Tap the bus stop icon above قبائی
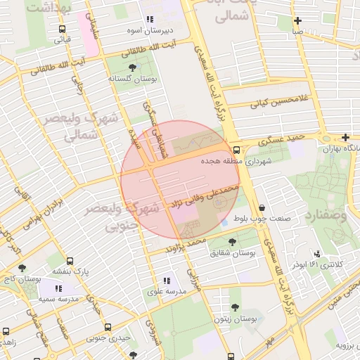pyautogui.click(x=63, y=30)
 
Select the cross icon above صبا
pyautogui.click(x=299, y=20)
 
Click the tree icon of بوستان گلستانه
pyautogui.click(x=133, y=68)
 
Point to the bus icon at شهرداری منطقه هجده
pyautogui.click(x=237, y=150)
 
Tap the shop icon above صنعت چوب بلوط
pyautogui.click(x=262, y=208)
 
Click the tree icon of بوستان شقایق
pyautogui.click(x=232, y=242)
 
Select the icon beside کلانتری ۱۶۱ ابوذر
pyautogui.click(x=318, y=254)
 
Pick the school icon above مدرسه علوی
pyautogui.click(x=166, y=280)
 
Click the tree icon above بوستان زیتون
pyautogui.click(x=234, y=308)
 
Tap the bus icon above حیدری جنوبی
pyautogui.click(x=108, y=327)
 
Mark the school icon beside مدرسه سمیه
pyautogui.click(x=59, y=288)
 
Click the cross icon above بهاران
pyautogui.click(x=345, y=137)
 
